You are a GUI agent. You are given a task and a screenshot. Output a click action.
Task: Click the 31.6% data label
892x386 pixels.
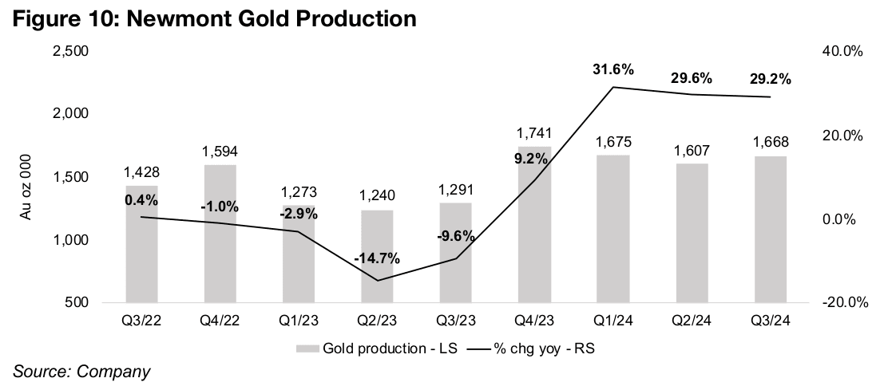(x=613, y=70)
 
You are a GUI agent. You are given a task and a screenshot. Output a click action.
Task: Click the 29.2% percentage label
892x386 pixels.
(x=771, y=79)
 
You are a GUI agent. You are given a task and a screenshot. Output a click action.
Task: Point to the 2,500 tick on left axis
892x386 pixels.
(x=71, y=51)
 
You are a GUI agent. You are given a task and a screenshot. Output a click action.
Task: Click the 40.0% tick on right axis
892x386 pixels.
(x=842, y=51)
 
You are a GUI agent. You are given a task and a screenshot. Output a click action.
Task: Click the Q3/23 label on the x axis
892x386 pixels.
(x=455, y=322)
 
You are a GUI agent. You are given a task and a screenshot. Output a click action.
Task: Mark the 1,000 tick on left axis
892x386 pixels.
(x=71, y=240)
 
